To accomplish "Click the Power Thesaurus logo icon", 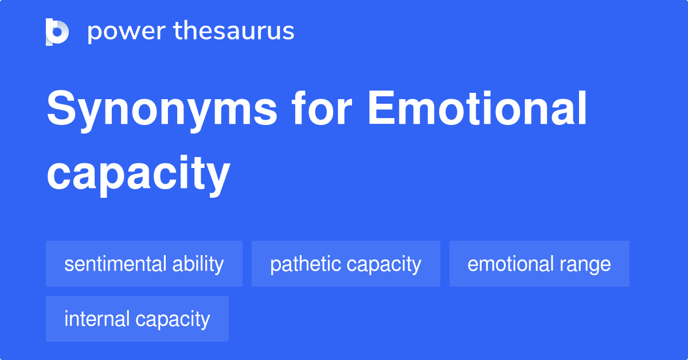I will click(57, 32).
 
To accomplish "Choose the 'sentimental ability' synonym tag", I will click(144, 264).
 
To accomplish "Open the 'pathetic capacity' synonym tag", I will click(346, 264).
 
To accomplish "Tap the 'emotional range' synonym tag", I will click(539, 264).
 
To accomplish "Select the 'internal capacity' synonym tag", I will click(137, 319).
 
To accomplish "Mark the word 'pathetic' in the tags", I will click(303, 264).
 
